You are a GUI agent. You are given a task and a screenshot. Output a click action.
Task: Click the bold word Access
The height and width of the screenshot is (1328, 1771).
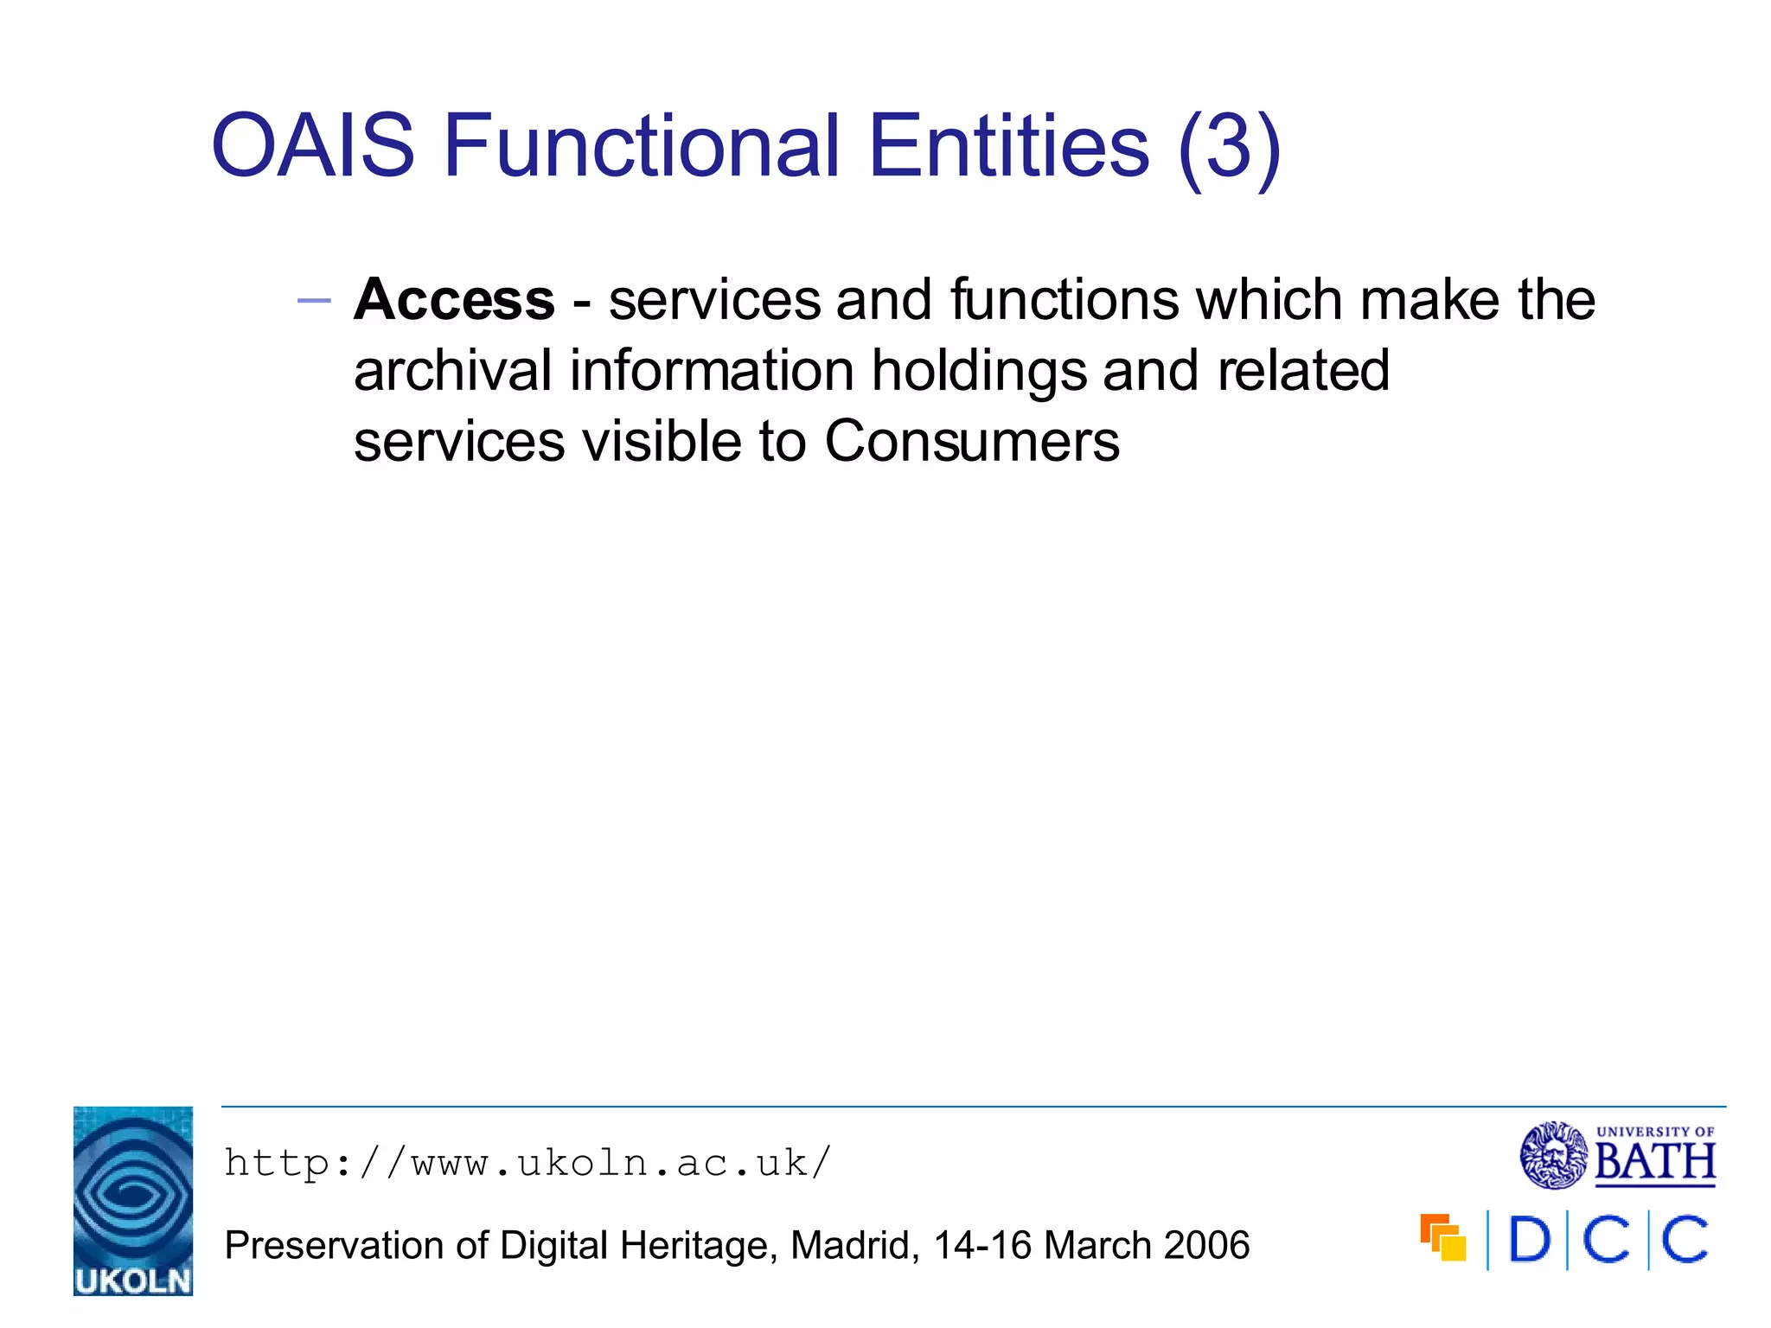coord(454,300)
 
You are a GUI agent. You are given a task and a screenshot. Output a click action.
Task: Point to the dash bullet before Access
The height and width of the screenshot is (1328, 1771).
coord(313,301)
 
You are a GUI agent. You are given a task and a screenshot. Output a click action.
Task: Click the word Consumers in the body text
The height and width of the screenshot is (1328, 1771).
coord(971,442)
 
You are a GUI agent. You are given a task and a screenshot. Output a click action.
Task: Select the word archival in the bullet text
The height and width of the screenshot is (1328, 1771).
coord(452,371)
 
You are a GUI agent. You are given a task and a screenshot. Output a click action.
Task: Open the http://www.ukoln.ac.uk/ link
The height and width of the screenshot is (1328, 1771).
coord(527,1163)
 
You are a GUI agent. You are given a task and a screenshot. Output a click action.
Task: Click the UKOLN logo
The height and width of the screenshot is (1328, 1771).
coord(133,1200)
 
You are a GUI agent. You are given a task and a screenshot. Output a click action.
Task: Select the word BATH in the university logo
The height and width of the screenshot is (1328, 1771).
coord(1654,1162)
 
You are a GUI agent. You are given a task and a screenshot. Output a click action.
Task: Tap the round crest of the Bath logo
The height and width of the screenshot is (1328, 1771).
coord(1553,1155)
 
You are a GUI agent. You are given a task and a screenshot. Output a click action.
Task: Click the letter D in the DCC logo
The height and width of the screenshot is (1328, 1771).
coord(1528,1240)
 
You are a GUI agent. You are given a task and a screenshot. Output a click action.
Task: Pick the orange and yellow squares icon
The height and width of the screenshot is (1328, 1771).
coord(1442,1237)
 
